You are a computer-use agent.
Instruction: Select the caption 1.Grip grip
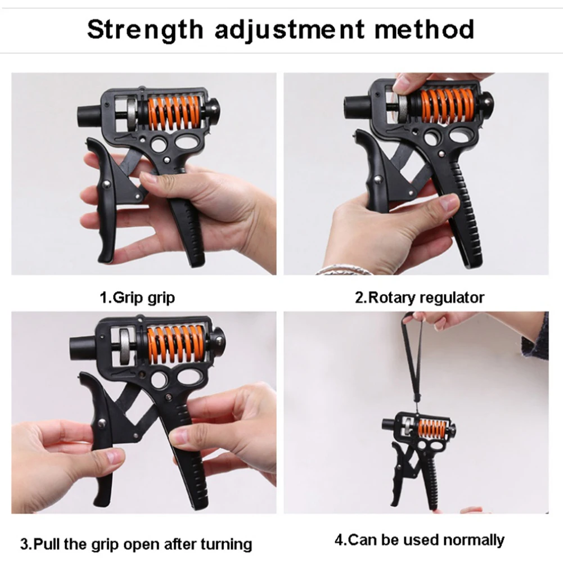point(137,298)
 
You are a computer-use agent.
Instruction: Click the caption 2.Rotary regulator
point(419,297)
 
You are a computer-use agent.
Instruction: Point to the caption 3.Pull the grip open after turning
point(136,544)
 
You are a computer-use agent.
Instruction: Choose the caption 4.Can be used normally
point(419,541)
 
